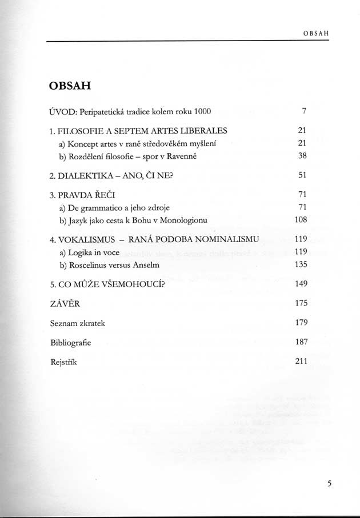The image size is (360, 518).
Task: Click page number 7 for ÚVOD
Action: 305,110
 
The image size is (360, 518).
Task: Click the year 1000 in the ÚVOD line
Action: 204,110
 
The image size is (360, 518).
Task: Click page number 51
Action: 303,176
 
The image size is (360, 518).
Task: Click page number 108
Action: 301,219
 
